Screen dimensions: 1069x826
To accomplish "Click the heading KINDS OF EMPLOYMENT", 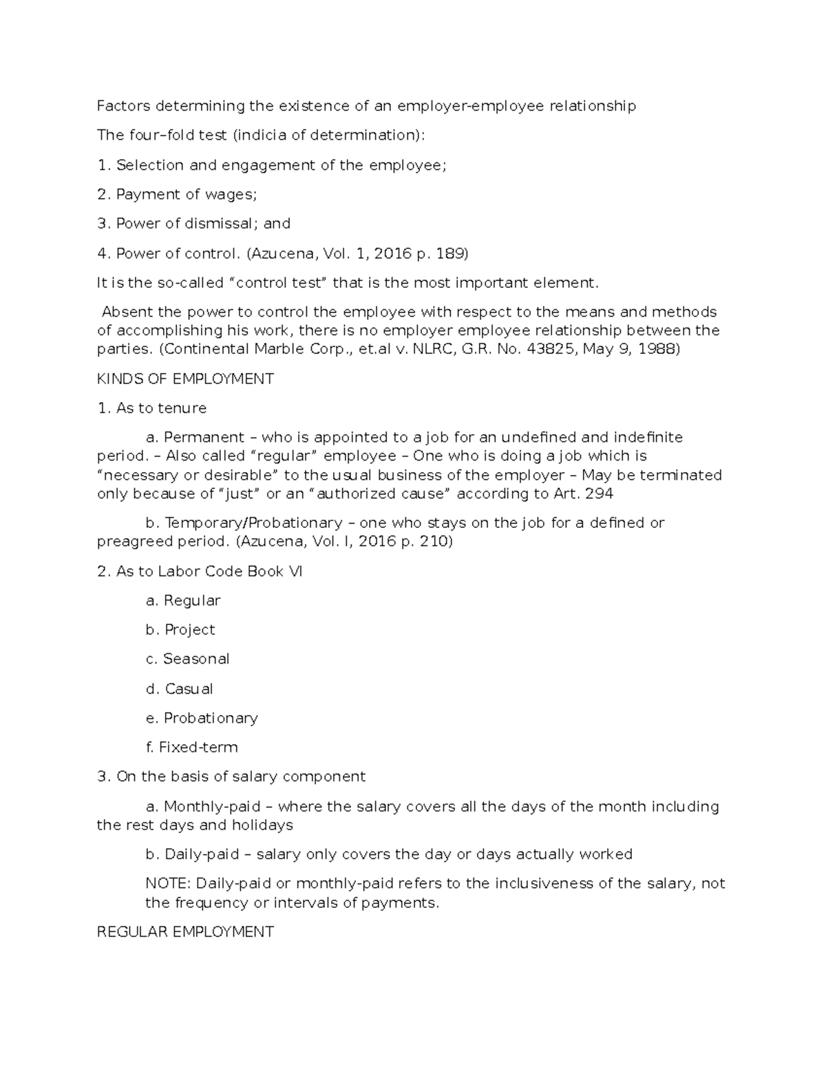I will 185,379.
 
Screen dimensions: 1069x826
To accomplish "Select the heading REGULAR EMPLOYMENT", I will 185,932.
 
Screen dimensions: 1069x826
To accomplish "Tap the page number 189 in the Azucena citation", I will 451,253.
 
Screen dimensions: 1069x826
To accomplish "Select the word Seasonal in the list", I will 196,659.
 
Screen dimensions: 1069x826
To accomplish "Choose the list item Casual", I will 189,688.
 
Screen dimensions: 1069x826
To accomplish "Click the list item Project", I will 190,630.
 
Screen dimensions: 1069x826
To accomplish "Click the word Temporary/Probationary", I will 253,523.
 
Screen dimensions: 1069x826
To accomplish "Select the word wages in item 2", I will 231,195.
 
